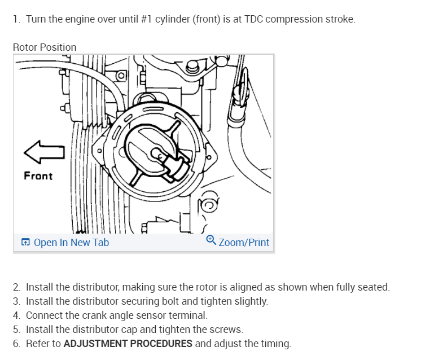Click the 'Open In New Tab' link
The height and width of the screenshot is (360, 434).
(71, 243)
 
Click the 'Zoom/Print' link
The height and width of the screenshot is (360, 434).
(244, 243)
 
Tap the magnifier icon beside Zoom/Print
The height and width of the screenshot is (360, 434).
(211, 240)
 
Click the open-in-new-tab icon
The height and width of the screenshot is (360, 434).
(25, 243)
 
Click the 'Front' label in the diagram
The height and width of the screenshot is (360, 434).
(38, 176)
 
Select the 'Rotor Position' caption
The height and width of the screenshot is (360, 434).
(45, 47)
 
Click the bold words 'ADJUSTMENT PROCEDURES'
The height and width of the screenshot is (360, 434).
(128, 344)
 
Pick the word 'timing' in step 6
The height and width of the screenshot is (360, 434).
(277, 344)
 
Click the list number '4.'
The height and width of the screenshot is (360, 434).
(17, 315)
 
